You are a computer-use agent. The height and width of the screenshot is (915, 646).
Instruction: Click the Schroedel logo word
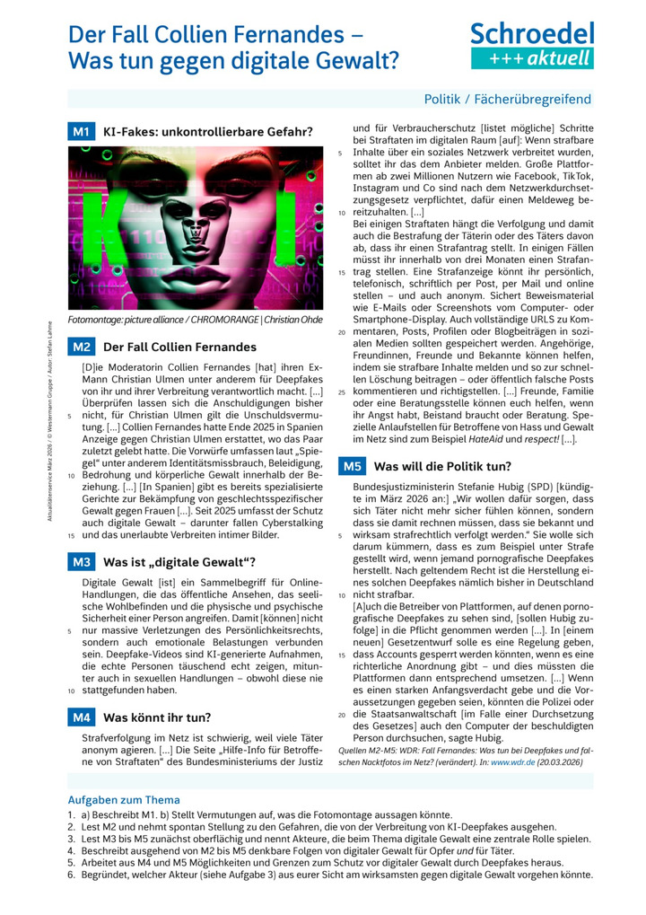pyautogui.click(x=532, y=34)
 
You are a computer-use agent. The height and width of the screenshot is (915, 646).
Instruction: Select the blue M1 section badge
pyautogui.click(x=81, y=132)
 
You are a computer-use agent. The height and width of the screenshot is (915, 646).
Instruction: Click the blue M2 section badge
pyautogui.click(x=81, y=347)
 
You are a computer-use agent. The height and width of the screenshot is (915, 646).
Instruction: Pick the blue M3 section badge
pyautogui.click(x=81, y=562)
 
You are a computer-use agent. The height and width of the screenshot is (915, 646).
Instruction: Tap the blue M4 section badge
pyautogui.click(x=81, y=717)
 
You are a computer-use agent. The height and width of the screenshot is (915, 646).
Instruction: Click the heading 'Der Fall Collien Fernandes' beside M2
pyautogui.click(x=179, y=347)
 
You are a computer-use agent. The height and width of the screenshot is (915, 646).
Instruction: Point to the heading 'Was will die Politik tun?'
pyautogui.click(x=442, y=466)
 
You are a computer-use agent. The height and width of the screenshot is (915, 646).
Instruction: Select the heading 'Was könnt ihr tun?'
pyautogui.click(x=157, y=717)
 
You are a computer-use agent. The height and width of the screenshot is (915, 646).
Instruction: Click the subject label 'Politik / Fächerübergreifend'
pyautogui.click(x=507, y=99)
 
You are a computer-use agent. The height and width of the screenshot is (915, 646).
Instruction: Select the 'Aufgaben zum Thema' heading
pyautogui.click(x=124, y=799)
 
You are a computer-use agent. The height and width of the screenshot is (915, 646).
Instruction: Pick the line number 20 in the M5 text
pyautogui.click(x=342, y=715)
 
